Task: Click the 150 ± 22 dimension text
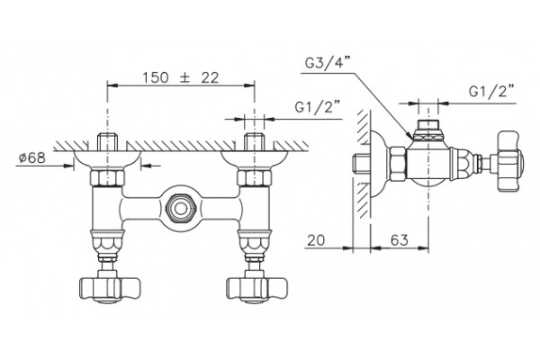pyautogui.click(x=181, y=78)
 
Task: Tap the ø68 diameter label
pyautogui.click(x=32, y=158)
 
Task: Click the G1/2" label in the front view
pyautogui.click(x=318, y=107)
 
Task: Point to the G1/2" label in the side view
pyautogui.click(x=491, y=92)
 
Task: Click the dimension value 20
pyautogui.click(x=316, y=240)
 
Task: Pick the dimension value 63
pyautogui.click(x=400, y=240)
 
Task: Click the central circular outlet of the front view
pyautogui.click(x=180, y=209)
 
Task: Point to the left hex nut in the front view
pyautogui.click(x=107, y=177)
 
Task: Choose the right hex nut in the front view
pyautogui.click(x=254, y=177)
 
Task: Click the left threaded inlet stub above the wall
pyautogui.click(x=107, y=142)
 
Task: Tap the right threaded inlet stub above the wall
pyautogui.click(x=254, y=142)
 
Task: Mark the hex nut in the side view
pyautogui.click(x=397, y=163)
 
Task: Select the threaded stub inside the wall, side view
pyautogui.click(x=362, y=163)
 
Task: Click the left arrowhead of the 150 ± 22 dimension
pyautogui.click(x=112, y=85)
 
